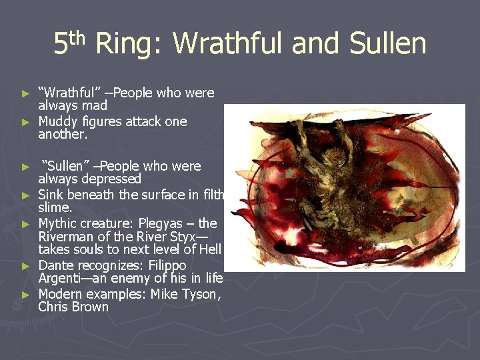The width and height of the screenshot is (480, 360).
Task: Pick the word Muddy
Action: coord(58,121)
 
